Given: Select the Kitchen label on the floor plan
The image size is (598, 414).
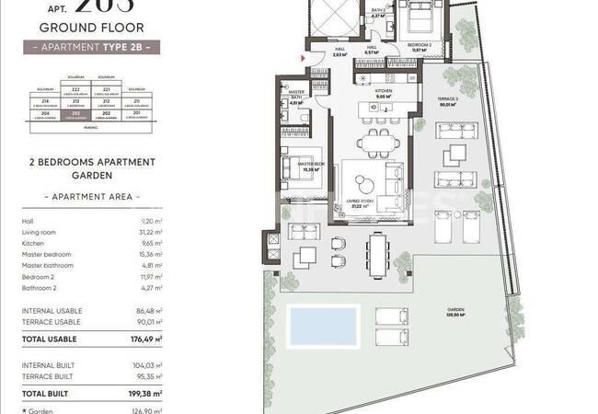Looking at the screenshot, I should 384,93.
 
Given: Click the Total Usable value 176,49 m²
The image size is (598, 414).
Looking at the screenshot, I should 145,339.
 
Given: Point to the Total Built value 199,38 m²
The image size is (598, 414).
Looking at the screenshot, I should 145,393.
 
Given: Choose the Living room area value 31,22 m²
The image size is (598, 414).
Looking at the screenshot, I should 149,234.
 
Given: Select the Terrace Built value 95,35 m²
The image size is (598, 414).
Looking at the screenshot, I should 148,376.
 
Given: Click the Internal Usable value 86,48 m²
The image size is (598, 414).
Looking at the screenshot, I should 148,312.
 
